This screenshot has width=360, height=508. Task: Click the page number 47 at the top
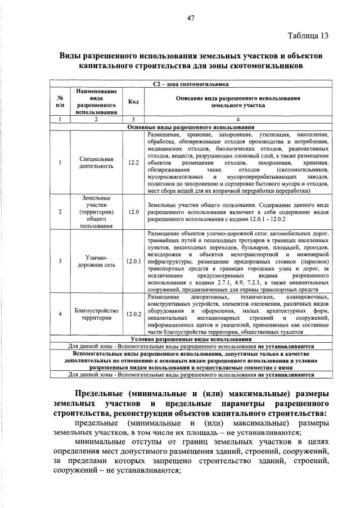(x=191, y=18)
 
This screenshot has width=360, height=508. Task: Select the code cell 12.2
(x=133, y=163)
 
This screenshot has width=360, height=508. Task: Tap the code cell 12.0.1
(x=133, y=261)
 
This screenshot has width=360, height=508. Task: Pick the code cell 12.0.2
(x=133, y=314)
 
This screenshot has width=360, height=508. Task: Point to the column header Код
(x=133, y=102)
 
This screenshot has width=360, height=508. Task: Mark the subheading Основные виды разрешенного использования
(x=191, y=127)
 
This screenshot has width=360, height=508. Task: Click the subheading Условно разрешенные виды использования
(x=191, y=339)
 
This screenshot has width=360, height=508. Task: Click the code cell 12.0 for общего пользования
(x=133, y=212)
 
